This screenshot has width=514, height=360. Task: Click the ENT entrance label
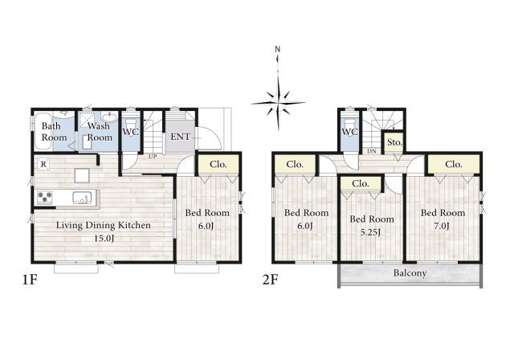(180, 137)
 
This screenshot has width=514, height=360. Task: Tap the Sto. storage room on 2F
(394, 142)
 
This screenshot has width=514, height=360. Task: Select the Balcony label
(410, 273)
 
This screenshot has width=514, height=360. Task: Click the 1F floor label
(30, 280)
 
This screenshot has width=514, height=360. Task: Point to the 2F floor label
(270, 280)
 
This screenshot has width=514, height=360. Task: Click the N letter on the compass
(278, 50)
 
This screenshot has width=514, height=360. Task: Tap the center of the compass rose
(279, 103)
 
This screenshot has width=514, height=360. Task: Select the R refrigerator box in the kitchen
(43, 165)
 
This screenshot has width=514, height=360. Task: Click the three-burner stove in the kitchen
(45, 197)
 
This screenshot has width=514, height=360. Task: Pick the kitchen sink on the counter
(81, 198)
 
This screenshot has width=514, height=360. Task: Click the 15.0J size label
(104, 239)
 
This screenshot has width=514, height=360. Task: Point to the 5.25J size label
(370, 232)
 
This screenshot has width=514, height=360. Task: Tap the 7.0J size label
(442, 226)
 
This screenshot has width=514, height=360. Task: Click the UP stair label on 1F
(153, 157)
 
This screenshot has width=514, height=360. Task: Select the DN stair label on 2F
(372, 152)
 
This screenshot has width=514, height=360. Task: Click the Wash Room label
(100, 132)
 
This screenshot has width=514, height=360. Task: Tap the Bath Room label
(54, 132)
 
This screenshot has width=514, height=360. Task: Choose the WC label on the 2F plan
(350, 132)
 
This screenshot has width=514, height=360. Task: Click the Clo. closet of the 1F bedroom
(218, 164)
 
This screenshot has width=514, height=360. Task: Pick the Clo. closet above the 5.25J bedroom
(361, 183)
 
